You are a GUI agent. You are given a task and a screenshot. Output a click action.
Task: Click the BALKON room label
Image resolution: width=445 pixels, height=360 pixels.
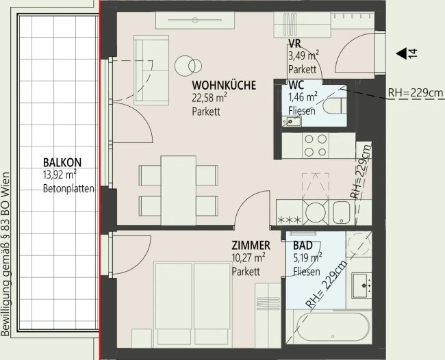tap(62, 163)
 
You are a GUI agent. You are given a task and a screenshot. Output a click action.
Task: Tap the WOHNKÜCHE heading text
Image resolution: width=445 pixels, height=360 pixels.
tap(224, 85)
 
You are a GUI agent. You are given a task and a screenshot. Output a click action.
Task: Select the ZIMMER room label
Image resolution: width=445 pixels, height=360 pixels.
tap(251, 246)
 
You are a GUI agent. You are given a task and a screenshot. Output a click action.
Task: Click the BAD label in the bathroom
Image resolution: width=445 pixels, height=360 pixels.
tap(303, 246)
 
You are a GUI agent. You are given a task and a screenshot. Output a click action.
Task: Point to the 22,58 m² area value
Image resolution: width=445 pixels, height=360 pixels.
tap(209, 98)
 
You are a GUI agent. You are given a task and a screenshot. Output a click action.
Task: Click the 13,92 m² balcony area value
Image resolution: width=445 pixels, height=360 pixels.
tap(60, 175)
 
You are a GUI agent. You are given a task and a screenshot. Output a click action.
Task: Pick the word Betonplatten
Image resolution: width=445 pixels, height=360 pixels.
tap(68, 188)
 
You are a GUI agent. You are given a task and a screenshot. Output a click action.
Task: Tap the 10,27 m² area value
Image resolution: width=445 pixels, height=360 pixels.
tap(249, 258)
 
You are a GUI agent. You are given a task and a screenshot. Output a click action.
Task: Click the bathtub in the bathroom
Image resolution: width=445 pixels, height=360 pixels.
tap(333, 327)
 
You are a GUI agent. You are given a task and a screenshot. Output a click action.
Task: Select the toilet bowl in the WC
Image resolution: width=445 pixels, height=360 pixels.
tap(335, 106)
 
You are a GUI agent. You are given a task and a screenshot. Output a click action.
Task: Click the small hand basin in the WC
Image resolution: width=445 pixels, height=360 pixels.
tap(292, 121)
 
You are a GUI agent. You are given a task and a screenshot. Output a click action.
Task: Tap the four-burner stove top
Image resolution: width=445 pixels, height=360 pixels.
tap(316, 146)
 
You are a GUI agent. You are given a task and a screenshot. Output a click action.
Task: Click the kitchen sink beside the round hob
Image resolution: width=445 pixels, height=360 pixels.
tap(342, 212)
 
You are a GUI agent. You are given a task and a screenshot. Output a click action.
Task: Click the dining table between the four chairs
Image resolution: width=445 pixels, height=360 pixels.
tap(178, 190)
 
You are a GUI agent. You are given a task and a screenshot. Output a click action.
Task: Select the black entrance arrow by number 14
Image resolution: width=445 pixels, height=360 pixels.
tap(402, 53)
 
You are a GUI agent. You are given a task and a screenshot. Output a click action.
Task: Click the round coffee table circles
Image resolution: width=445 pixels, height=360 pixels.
tap(188, 66)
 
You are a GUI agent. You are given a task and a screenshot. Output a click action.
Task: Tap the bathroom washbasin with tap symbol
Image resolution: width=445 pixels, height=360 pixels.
tap(361, 285)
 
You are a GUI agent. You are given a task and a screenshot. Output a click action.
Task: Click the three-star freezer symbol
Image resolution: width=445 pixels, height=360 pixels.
tap(289, 220)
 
